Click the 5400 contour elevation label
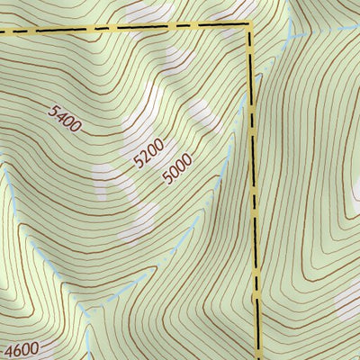point(66,119)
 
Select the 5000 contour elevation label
point(177,168)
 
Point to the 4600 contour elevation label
point(22,350)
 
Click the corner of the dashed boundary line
point(249,24)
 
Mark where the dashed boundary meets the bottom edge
point(263,358)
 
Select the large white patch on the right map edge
point(349,297)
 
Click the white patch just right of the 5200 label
point(200,112)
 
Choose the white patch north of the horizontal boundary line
point(144,12)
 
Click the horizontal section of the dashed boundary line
point(126,27)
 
